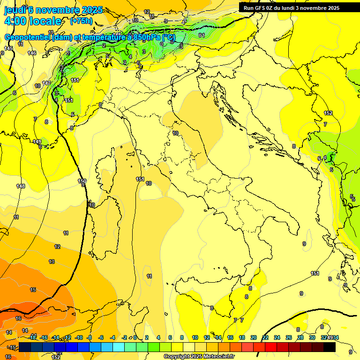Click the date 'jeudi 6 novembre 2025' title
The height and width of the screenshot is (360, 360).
pyautogui.click(x=53, y=10)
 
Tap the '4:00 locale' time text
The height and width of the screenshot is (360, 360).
pyautogui.click(x=33, y=21)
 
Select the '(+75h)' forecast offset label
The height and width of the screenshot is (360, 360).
pyautogui.click(x=81, y=21)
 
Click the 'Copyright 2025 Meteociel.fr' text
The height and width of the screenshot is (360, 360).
pyautogui.click(x=198, y=356)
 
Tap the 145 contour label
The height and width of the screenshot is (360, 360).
pyautogui.click(x=8, y=48)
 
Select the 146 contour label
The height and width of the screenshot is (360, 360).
pyautogui.click(x=32, y=53)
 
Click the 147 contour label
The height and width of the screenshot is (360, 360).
pyautogui.click(x=46, y=83)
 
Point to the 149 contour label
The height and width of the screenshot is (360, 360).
pyautogui.click(x=37, y=142)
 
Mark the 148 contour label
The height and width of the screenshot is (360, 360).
pyautogui.click(x=21, y=186)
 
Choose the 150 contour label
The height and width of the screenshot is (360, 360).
pyautogui.click(x=82, y=180)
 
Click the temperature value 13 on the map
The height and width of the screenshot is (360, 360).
pyautogui.click(x=52, y=262)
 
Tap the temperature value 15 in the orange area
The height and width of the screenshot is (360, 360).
pyautogui.click(x=33, y=290)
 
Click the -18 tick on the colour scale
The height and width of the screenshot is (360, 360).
pyautogui.click(x=33, y=337)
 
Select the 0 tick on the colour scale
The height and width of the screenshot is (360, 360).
pyautogui.click(x=135, y=337)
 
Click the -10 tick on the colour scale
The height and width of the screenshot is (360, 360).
pyautogui.click(x=79, y=337)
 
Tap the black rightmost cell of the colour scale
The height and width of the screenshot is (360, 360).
pyautogui.click(x=329, y=347)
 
